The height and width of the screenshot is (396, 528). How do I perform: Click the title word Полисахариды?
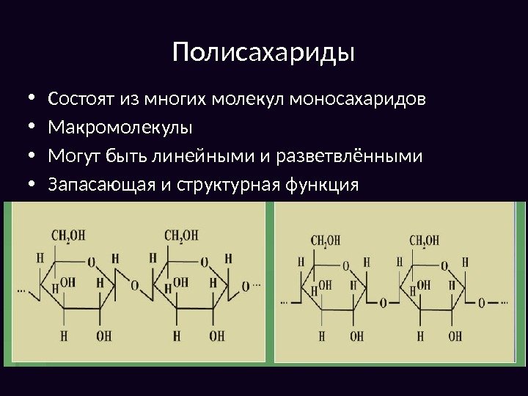tap(263, 53)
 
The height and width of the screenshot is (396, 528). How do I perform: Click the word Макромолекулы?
tap(119, 128)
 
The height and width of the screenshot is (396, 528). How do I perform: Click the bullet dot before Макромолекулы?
tap(30, 128)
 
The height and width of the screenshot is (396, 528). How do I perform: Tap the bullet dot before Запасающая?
tap(30, 186)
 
